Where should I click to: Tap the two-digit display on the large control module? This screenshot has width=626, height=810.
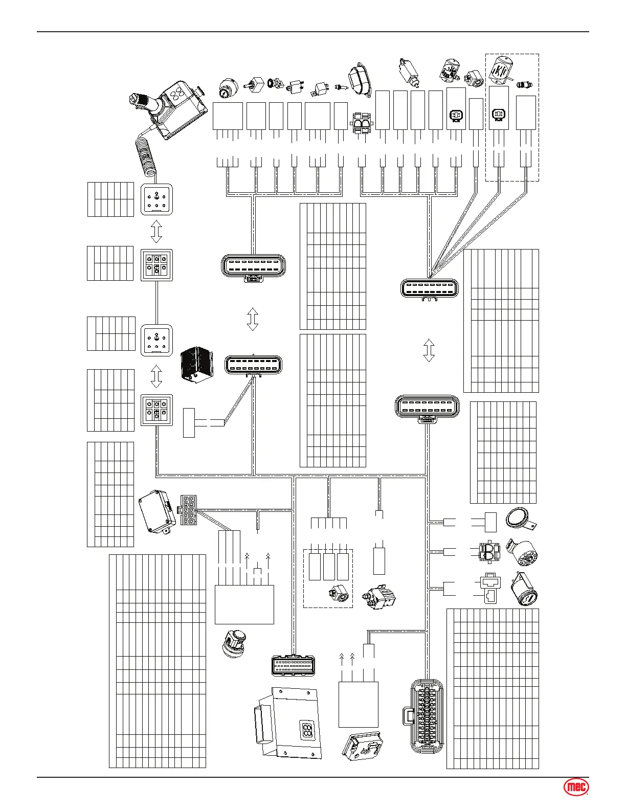(307, 730)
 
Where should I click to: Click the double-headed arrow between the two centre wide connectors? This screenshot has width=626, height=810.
(253, 319)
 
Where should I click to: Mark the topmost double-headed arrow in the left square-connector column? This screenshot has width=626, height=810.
(156, 231)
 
